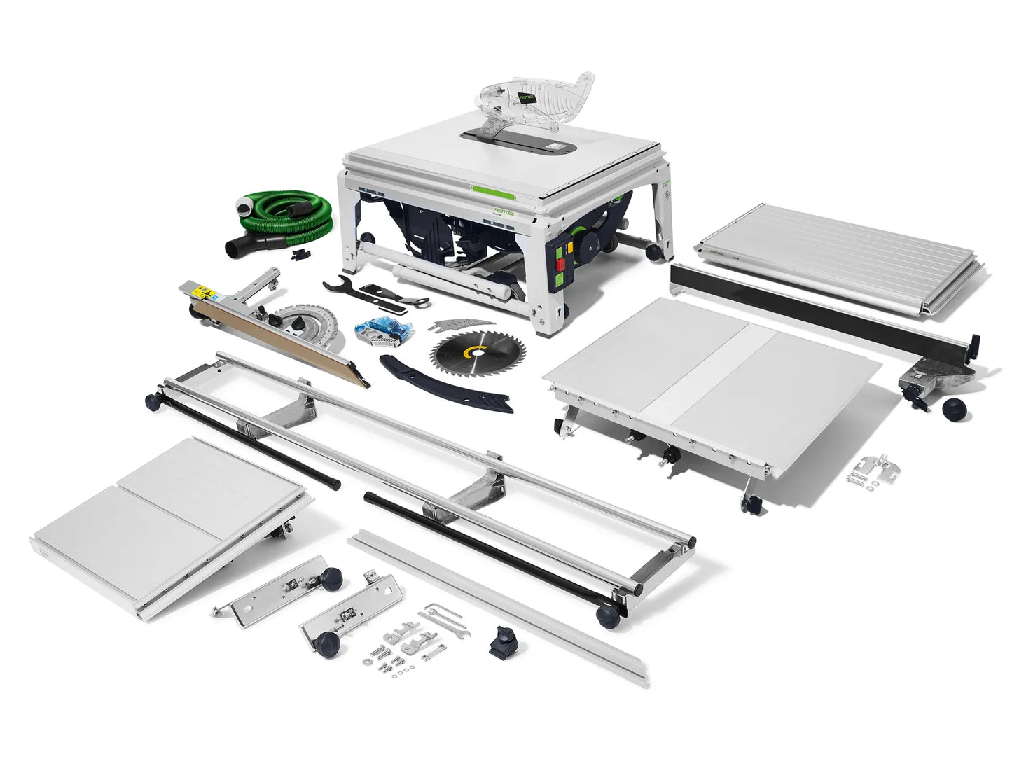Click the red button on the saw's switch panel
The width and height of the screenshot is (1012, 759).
point(560,265)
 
